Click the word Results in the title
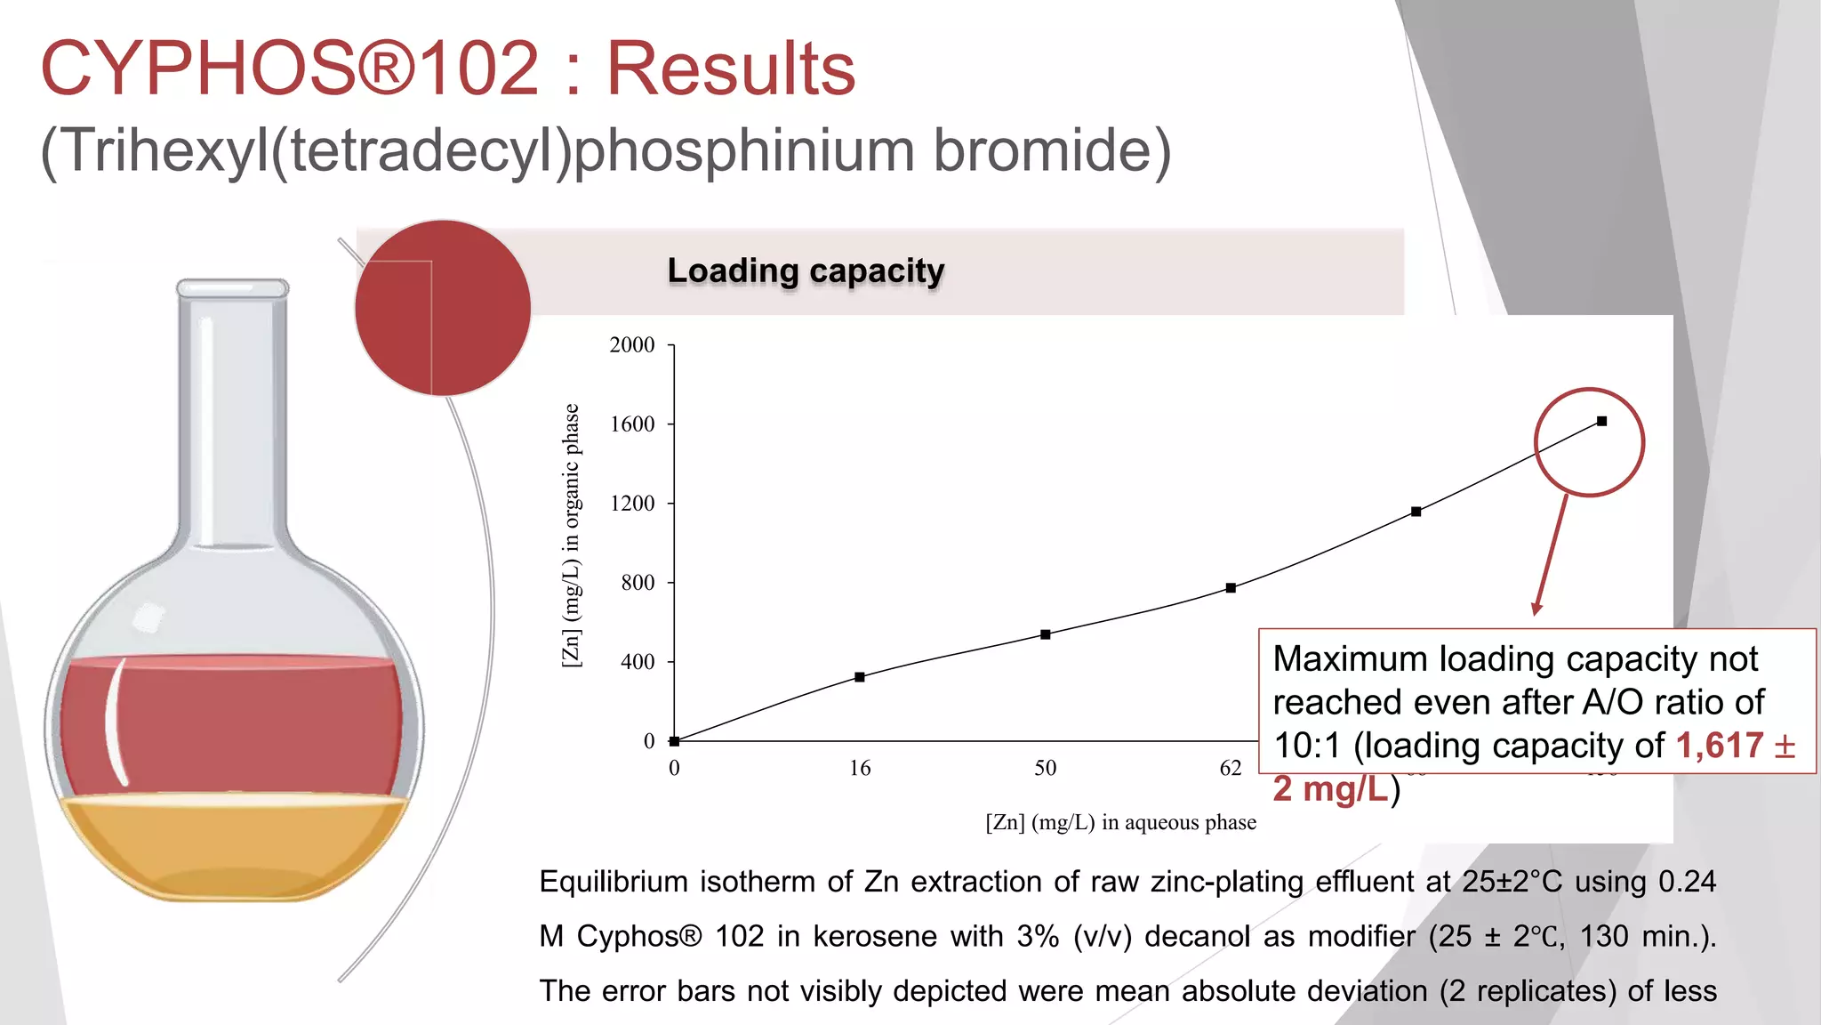(x=730, y=69)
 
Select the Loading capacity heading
(x=806, y=270)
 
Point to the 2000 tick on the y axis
(x=631, y=345)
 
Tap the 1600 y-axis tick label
(x=631, y=424)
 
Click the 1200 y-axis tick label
(x=631, y=504)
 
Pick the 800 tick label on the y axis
(x=638, y=583)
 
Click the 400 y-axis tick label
(x=638, y=662)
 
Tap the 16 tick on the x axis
(x=859, y=768)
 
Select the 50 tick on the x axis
(x=1045, y=768)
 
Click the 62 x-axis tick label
(x=1230, y=768)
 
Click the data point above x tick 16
(x=860, y=677)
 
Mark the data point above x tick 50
(x=1046, y=634)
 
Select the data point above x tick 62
(x=1231, y=588)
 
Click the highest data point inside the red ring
(x=1601, y=422)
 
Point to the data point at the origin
(x=675, y=741)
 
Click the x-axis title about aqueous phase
(x=1120, y=822)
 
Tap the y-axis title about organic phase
(x=572, y=535)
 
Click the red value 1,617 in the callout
(x=1719, y=746)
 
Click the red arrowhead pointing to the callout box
(x=1536, y=609)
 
